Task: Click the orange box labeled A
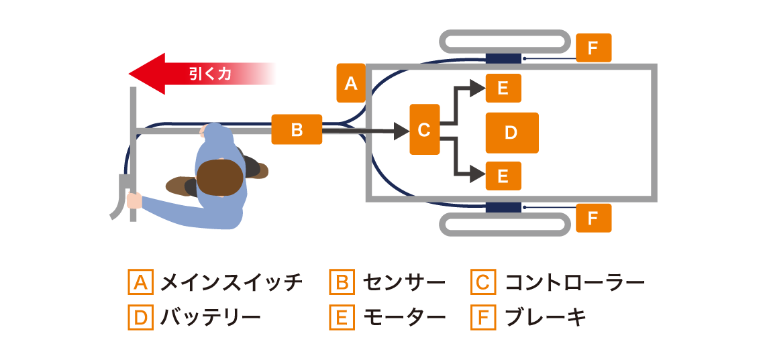[x=350, y=83]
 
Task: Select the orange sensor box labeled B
[x=297, y=129]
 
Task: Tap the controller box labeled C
[x=424, y=129]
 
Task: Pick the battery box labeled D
[x=511, y=133]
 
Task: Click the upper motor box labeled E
[x=503, y=88]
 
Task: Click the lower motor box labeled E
[x=503, y=176]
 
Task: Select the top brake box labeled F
[x=593, y=48]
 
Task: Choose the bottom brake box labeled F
[x=593, y=218]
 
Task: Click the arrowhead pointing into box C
[x=401, y=131]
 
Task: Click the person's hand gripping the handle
[x=134, y=200]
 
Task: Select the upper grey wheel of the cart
[x=505, y=41]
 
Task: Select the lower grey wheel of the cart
[x=505, y=225]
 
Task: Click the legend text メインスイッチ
[x=231, y=282]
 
